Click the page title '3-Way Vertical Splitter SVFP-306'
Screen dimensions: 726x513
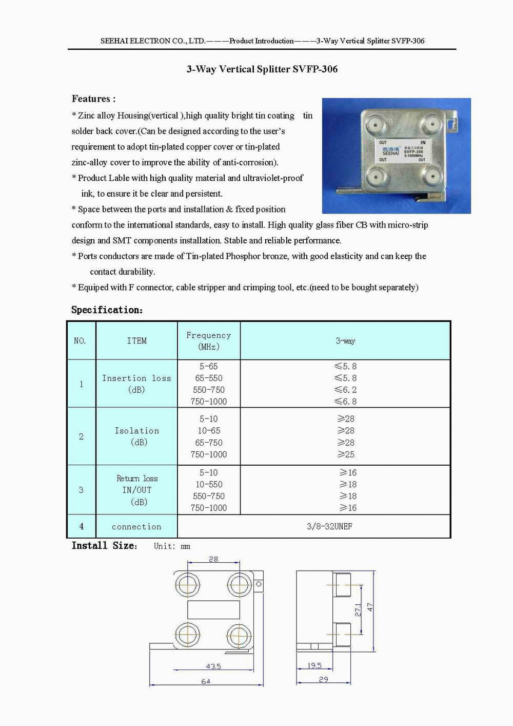coord(262,69)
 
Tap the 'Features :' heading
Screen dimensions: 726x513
coord(93,99)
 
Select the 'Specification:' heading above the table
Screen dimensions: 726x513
coord(107,310)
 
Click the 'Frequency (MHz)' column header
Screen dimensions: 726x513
coord(208,340)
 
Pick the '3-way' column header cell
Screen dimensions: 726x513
coord(345,340)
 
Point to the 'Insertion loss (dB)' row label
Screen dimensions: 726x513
coord(136,384)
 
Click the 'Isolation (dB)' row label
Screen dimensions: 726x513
coord(136,436)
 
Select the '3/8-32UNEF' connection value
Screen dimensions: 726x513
coord(329,526)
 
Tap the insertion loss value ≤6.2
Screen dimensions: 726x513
coord(345,390)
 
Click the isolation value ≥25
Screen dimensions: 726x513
coord(346,454)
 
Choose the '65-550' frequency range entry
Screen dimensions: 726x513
coord(208,378)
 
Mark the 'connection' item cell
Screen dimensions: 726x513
coord(136,526)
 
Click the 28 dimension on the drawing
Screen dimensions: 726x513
coord(213,559)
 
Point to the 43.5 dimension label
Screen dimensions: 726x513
coord(213,666)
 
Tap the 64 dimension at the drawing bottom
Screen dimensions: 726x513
coord(206,681)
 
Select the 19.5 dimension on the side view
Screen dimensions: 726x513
coord(314,665)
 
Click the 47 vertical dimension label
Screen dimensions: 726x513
coord(370,607)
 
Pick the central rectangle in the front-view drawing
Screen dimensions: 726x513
coord(213,609)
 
